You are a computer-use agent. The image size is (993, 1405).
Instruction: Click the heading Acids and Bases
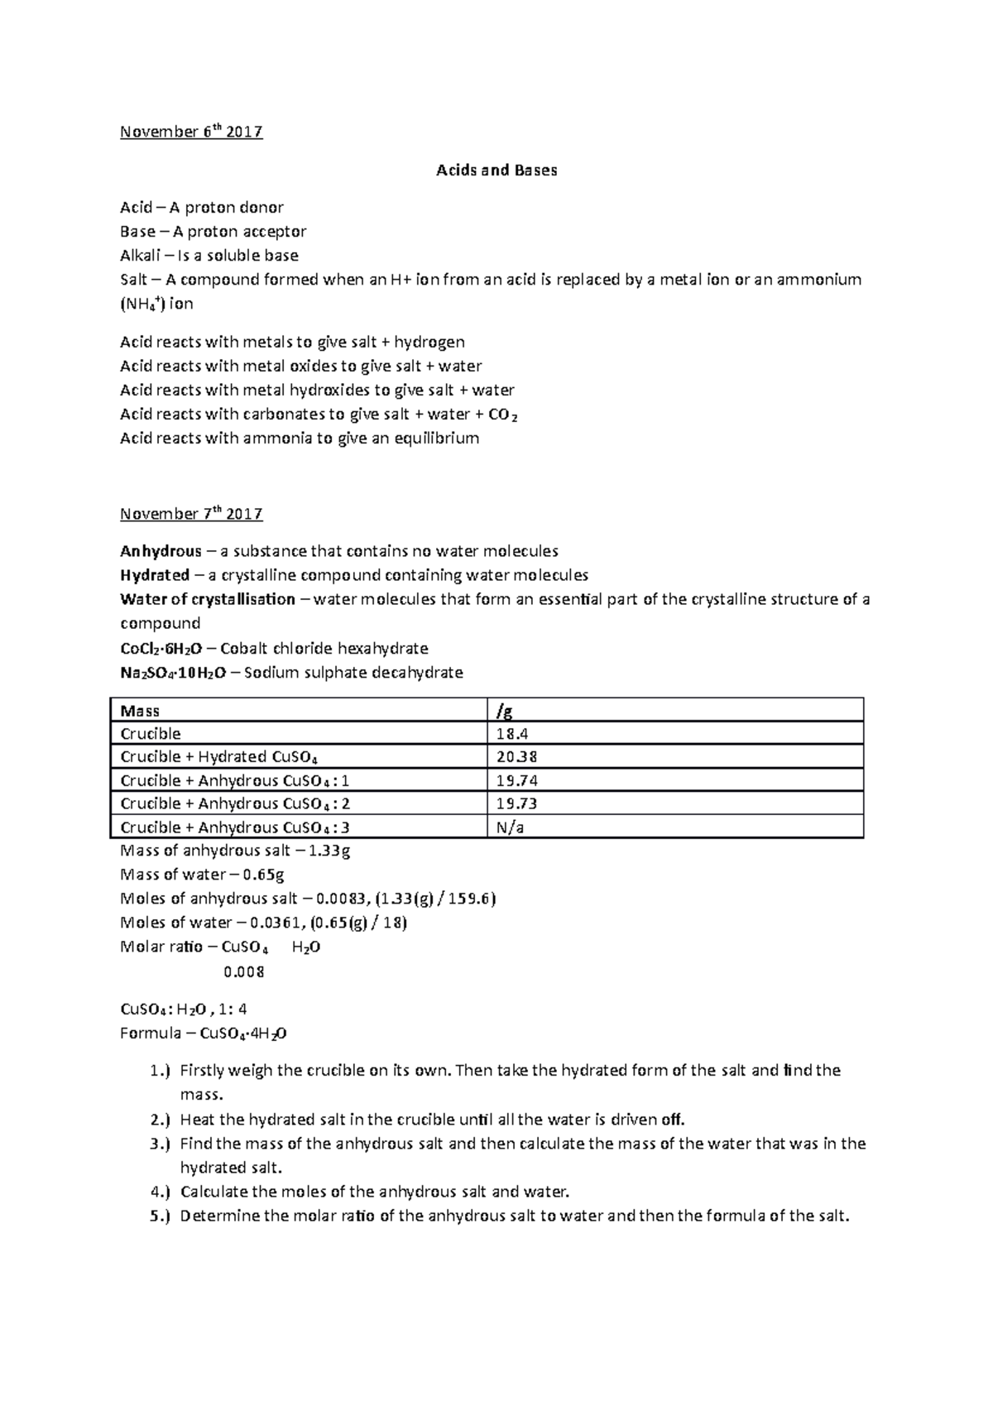[x=496, y=170]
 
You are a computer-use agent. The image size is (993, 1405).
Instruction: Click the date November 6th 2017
[x=191, y=132]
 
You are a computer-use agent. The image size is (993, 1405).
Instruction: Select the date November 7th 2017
[x=191, y=514]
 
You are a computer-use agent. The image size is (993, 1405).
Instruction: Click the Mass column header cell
[x=140, y=711]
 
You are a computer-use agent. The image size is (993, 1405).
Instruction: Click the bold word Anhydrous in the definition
[x=161, y=551]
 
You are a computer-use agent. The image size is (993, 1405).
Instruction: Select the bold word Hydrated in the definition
[x=155, y=575]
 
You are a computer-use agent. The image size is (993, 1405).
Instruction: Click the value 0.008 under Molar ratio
[x=244, y=972]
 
